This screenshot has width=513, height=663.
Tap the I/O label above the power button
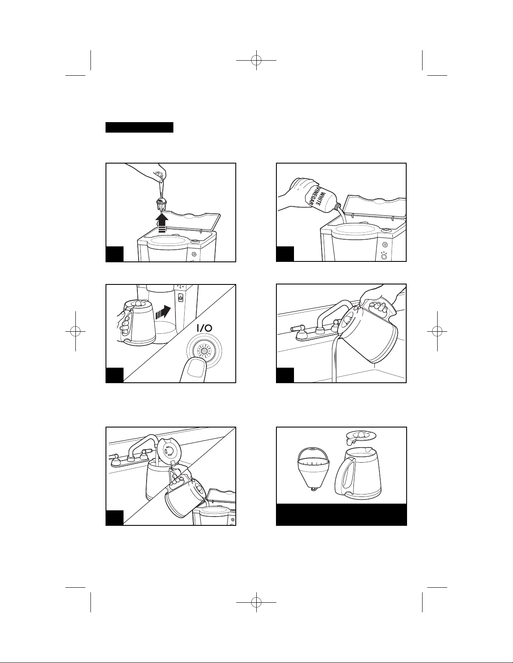204,328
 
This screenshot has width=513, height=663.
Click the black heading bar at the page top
139,128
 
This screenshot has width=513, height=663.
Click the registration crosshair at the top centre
256,60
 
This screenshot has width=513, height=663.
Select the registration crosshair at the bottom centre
256,602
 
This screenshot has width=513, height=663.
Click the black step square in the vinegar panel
285,254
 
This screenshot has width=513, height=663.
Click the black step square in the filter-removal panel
115,254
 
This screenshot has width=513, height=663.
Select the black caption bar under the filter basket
341,515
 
